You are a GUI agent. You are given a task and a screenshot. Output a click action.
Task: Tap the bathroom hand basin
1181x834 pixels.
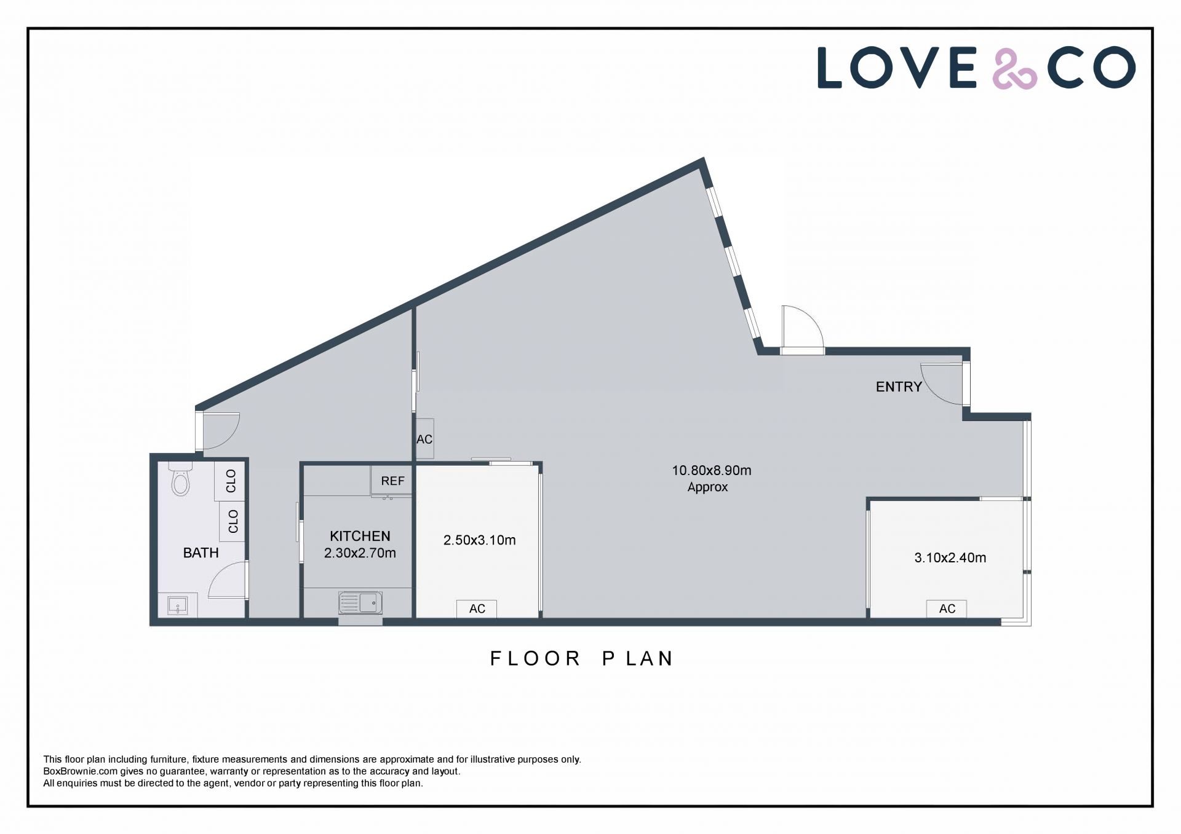tap(178, 605)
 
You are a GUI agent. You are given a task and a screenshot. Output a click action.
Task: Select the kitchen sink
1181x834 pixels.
tap(360, 602)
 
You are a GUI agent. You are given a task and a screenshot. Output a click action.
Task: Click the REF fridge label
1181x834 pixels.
tap(392, 481)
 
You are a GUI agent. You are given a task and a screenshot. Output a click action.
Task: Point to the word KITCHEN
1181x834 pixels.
tap(360, 536)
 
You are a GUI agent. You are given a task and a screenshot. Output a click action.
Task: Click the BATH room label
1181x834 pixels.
tap(201, 553)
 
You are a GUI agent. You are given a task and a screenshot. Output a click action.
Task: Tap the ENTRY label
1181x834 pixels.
tap(899, 387)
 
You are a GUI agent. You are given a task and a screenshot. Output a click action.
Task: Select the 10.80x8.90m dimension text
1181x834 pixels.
tap(711, 470)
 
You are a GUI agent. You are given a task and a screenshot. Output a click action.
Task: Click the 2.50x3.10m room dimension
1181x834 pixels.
tap(479, 540)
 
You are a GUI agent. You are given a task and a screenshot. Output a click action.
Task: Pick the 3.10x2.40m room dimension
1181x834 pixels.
tap(950, 557)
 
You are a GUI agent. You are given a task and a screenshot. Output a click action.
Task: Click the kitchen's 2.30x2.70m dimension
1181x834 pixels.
tap(360, 553)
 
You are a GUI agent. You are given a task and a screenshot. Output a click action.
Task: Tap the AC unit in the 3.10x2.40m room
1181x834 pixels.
tap(947, 608)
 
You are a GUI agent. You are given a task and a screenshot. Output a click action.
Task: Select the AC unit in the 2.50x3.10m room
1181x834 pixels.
tap(477, 608)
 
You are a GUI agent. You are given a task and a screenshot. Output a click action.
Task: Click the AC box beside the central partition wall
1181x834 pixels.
tap(424, 439)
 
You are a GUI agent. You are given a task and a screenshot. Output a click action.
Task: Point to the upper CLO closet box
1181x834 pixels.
tap(229, 481)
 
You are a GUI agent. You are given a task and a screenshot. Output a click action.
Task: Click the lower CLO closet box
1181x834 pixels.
tap(232, 521)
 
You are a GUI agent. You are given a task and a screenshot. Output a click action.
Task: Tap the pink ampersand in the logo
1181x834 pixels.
tap(1014, 68)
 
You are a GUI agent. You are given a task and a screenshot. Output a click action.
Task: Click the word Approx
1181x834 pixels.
tap(707, 487)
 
